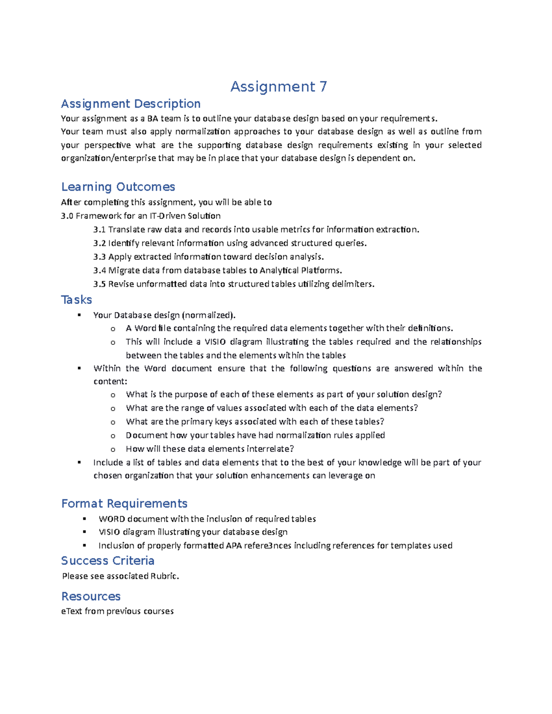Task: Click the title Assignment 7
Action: click(x=278, y=86)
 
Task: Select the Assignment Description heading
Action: click(x=131, y=103)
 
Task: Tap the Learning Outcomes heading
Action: click(x=118, y=187)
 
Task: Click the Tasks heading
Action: click(x=76, y=300)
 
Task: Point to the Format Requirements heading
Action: click(x=124, y=503)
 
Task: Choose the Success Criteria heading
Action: click(x=108, y=560)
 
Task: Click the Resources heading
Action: click(x=91, y=596)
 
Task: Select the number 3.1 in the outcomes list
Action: click(x=99, y=229)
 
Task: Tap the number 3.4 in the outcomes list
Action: click(x=99, y=270)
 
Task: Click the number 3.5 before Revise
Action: click(x=99, y=284)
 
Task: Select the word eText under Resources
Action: click(x=71, y=611)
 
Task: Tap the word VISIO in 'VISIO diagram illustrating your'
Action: click(x=109, y=532)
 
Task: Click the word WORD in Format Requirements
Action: click(x=112, y=519)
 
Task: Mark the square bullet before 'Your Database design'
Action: click(x=80, y=315)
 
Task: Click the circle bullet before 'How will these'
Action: click(x=113, y=449)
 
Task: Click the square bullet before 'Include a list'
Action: click(x=80, y=463)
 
